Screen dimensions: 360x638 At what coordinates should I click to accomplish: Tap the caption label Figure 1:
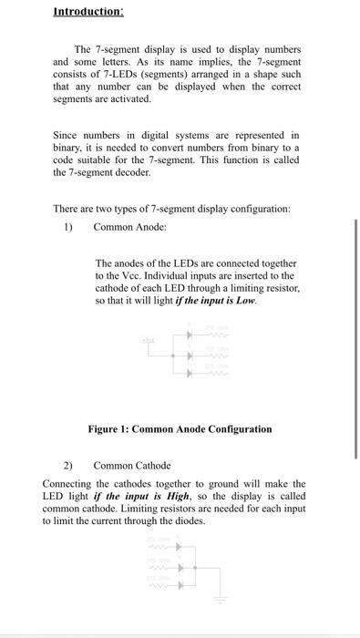108,429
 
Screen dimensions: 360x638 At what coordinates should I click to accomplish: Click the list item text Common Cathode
132,466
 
